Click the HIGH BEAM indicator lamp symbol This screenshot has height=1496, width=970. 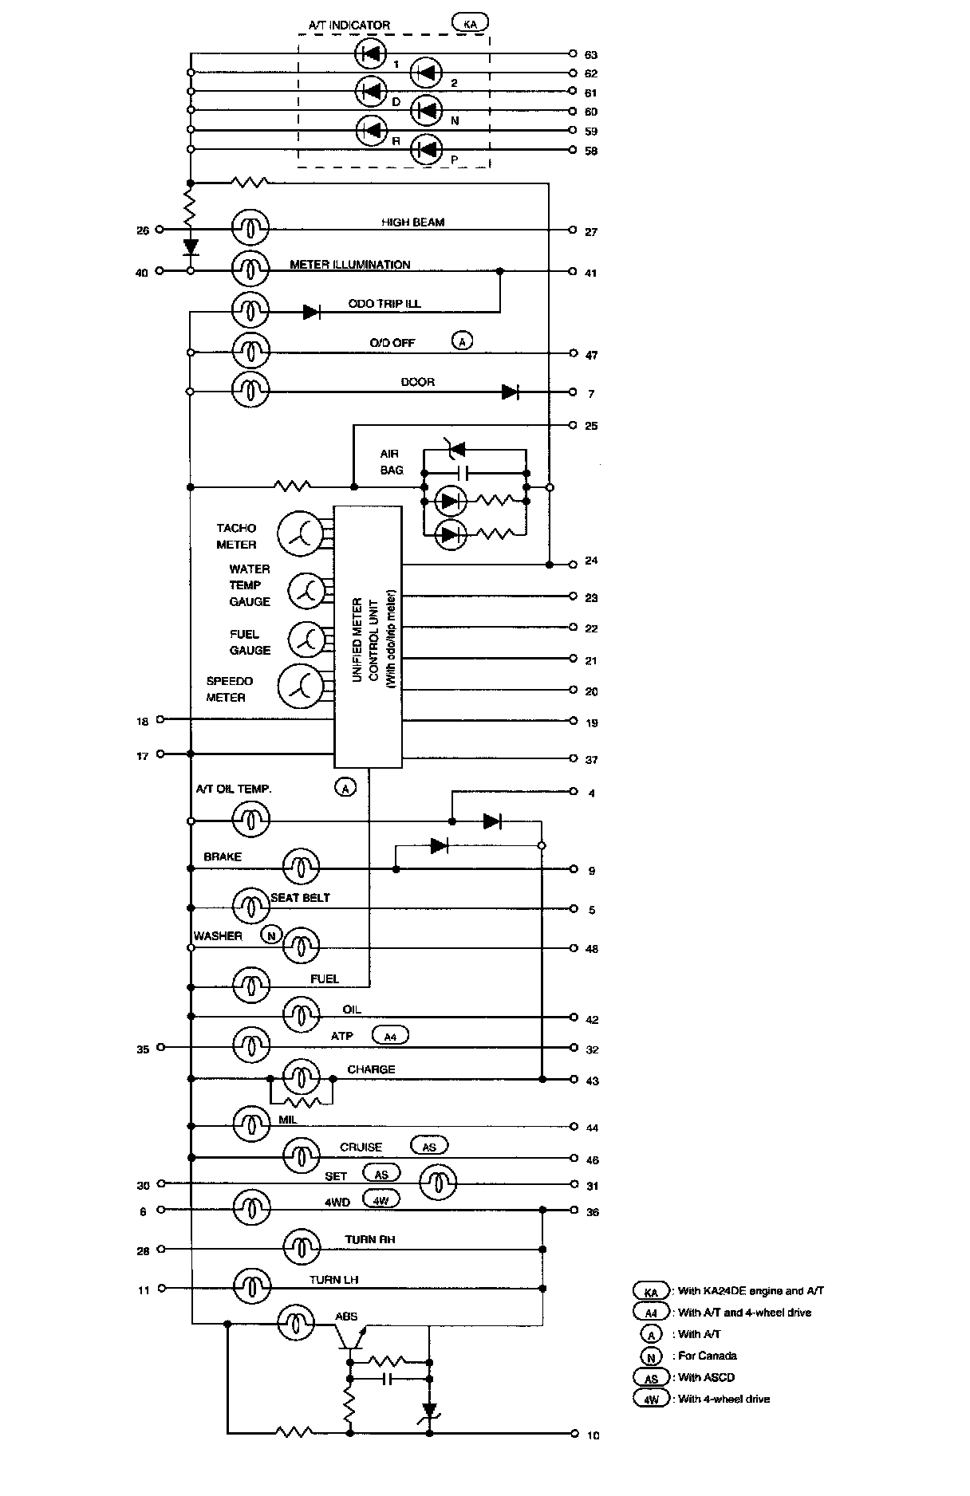[250, 229]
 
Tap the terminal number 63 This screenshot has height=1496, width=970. [591, 55]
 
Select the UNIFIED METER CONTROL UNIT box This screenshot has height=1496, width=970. [368, 636]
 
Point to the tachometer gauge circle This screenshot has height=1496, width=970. [298, 533]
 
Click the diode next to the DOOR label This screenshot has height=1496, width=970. [511, 392]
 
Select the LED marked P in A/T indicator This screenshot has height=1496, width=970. [428, 149]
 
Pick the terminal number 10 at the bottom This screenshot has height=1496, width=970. [593, 1435]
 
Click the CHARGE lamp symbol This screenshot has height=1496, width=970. [301, 1078]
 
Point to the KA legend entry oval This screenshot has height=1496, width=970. [651, 1291]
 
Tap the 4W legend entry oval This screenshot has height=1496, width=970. [651, 1399]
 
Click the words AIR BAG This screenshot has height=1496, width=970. [391, 462]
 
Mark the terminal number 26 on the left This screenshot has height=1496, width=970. [143, 231]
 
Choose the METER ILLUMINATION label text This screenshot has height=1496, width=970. [350, 264]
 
